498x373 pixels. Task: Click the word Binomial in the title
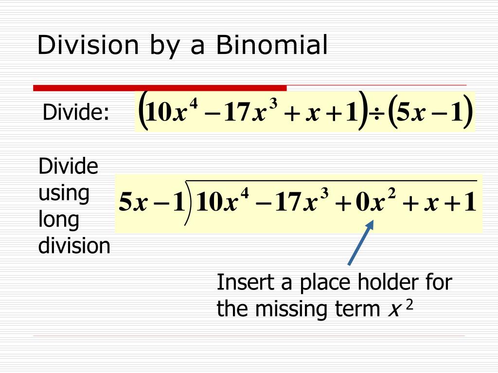[272, 46]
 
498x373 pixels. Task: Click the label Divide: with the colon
[76, 113]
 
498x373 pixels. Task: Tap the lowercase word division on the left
[74, 246]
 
